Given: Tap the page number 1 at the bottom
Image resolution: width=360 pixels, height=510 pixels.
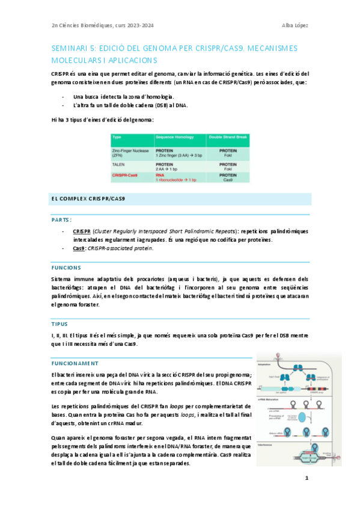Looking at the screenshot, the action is [307, 478].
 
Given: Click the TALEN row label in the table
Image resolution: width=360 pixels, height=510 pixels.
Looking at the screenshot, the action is [118, 164].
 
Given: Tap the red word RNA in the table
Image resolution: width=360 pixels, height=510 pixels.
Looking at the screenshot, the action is [161, 175].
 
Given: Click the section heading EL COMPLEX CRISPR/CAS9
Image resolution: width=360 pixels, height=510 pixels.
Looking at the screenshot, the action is [87, 198].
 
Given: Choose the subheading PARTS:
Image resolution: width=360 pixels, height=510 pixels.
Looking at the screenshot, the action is [62, 220].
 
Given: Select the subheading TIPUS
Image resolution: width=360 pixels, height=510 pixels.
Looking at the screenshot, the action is [59, 323].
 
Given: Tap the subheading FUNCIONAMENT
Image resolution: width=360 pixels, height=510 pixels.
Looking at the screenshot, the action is [75, 363].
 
